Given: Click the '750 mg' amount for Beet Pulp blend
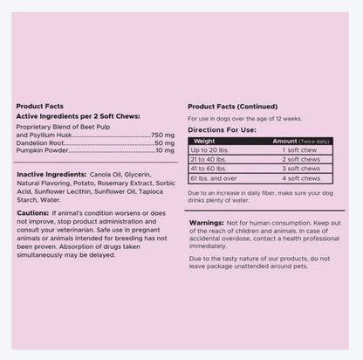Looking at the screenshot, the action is click(x=163, y=135).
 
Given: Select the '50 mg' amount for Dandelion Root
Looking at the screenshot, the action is click(x=165, y=143).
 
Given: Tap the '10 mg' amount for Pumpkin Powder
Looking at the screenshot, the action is click(x=165, y=152).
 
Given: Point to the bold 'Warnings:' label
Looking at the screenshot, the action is click(x=207, y=223).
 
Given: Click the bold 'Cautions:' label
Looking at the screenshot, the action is click(x=32, y=212).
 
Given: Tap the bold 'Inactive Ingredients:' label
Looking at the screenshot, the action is click(x=51, y=174).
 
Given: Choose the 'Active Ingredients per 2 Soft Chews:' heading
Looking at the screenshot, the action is click(x=78, y=115).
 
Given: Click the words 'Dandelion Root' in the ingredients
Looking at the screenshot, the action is click(x=38, y=143).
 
